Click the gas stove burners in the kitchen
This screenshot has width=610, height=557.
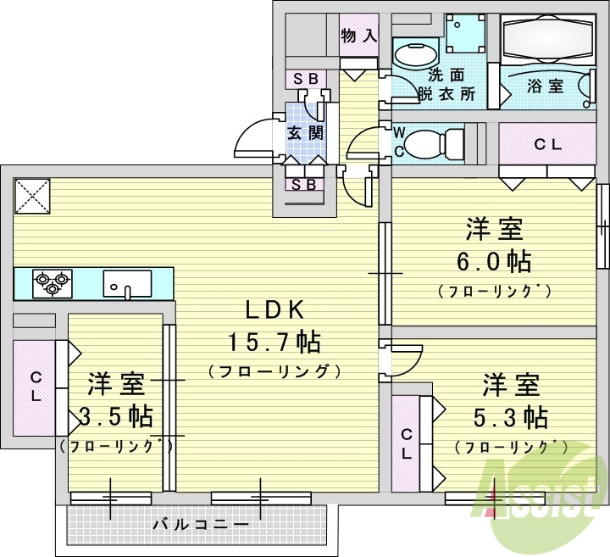click(52, 282)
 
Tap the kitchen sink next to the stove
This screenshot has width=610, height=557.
click(127, 282)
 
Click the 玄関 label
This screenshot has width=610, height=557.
click(304, 132)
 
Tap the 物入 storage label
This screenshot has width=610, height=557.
click(358, 36)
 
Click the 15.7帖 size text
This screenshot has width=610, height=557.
click(273, 343)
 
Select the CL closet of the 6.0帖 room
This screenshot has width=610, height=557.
click(546, 144)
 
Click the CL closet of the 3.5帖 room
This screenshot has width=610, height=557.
click(36, 387)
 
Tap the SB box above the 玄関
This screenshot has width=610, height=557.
click(306, 79)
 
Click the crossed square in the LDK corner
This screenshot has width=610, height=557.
click(32, 198)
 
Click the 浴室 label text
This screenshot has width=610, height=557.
click(545, 86)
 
